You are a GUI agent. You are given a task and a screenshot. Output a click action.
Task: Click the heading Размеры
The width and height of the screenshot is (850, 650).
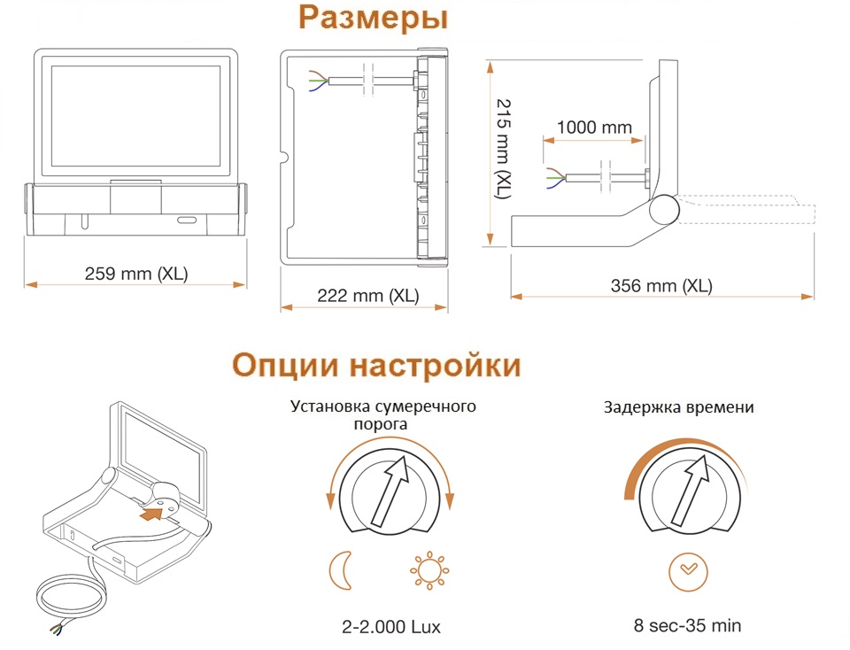point(373,18)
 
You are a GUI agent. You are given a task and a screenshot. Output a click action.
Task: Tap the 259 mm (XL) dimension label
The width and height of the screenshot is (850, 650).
point(136,274)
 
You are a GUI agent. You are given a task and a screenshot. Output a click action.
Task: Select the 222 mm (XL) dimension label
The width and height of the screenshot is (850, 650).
point(368,296)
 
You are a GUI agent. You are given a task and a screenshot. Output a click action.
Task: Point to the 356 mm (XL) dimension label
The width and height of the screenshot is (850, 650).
point(661,286)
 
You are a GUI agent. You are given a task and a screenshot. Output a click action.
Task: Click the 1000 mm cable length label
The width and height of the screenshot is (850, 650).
point(594,128)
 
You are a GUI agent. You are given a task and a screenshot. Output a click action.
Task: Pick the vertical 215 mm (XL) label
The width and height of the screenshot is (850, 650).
point(504,149)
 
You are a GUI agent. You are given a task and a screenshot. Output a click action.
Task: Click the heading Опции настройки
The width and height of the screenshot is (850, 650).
point(376,365)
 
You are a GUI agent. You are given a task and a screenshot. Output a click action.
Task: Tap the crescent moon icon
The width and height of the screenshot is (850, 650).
point(341,570)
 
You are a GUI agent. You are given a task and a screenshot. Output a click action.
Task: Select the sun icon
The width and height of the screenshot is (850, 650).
point(429,570)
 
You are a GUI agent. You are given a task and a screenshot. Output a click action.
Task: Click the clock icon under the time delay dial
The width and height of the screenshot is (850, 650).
point(688,572)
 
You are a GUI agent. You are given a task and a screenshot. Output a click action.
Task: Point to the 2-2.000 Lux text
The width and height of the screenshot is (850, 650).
point(390,627)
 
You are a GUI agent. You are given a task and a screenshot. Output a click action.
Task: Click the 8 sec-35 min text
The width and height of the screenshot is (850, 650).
point(687,625)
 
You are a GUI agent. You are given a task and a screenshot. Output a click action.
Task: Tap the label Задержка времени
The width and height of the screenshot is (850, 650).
point(679,407)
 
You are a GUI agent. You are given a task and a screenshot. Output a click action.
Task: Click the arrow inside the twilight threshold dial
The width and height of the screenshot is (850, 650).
point(390,490)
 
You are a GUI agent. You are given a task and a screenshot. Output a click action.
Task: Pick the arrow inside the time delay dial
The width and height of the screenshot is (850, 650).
point(690,490)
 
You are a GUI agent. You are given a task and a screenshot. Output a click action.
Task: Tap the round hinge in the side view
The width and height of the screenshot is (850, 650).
point(664,209)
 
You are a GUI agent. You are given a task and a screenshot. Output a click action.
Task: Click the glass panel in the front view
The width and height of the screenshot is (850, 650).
point(136,117)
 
